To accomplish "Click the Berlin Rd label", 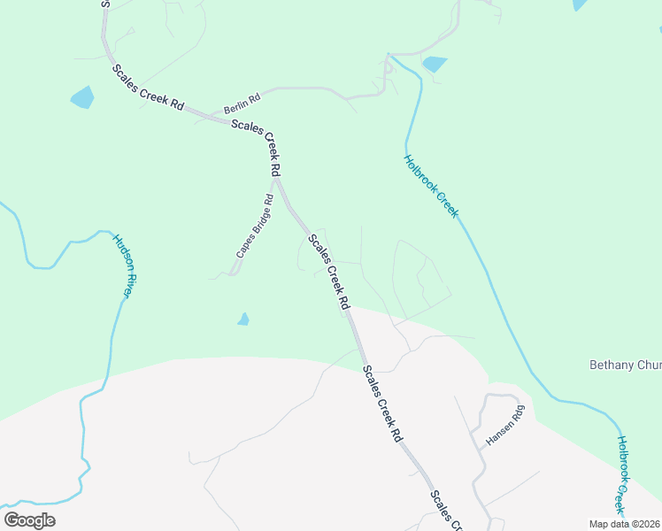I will coord(242,101).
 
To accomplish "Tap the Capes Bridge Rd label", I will coord(253,227).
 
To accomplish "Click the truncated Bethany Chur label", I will coord(625,365).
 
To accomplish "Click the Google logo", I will coord(29,520).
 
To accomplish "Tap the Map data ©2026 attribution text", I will coord(625,524).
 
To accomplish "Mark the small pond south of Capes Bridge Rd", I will coord(243,319).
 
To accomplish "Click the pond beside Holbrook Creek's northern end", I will coord(435,64).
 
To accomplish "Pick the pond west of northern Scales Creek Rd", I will coord(81,96).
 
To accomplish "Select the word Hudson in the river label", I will coord(119,252).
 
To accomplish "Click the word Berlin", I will coord(235,103).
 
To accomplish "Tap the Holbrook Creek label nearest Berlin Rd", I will coord(432,186).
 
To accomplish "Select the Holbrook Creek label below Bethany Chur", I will coord(634,475).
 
